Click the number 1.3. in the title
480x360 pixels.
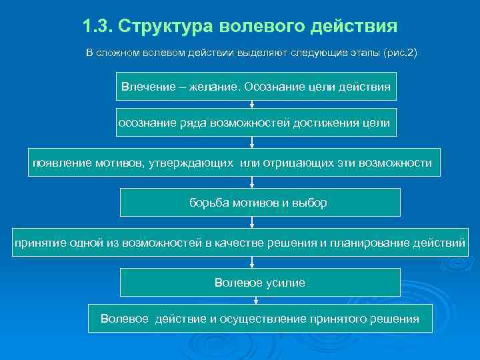coord(97,27)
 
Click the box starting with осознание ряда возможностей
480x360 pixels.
coord(256,122)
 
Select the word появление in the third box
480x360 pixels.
coord(59,162)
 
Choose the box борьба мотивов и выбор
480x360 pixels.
coord(260,202)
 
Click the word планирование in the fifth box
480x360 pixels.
coord(372,243)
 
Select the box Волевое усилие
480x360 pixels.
coord(260,282)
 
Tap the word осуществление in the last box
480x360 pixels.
coord(263,318)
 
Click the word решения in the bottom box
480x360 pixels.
coord(395,318)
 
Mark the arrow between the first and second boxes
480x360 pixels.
coord(252,104)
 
